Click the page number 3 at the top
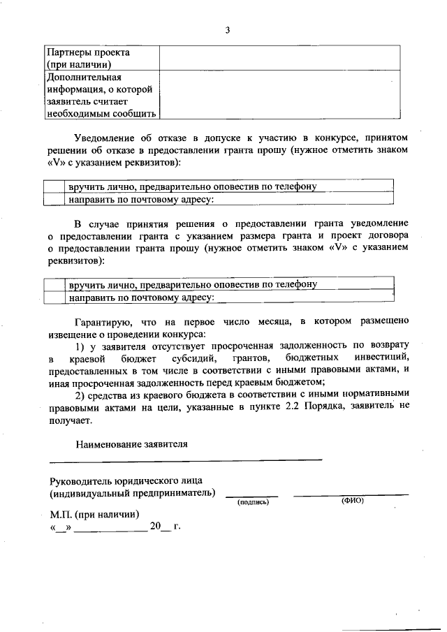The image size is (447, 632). click(x=228, y=30)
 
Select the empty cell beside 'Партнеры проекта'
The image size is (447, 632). click(x=279, y=58)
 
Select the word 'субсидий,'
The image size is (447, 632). click(x=183, y=358)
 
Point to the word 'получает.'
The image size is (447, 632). click(x=70, y=421)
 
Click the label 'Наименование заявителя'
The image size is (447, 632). click(x=133, y=443)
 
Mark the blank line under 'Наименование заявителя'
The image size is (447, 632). click(x=185, y=459)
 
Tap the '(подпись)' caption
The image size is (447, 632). click(x=253, y=502)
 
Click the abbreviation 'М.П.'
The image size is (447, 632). click(x=61, y=514)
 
